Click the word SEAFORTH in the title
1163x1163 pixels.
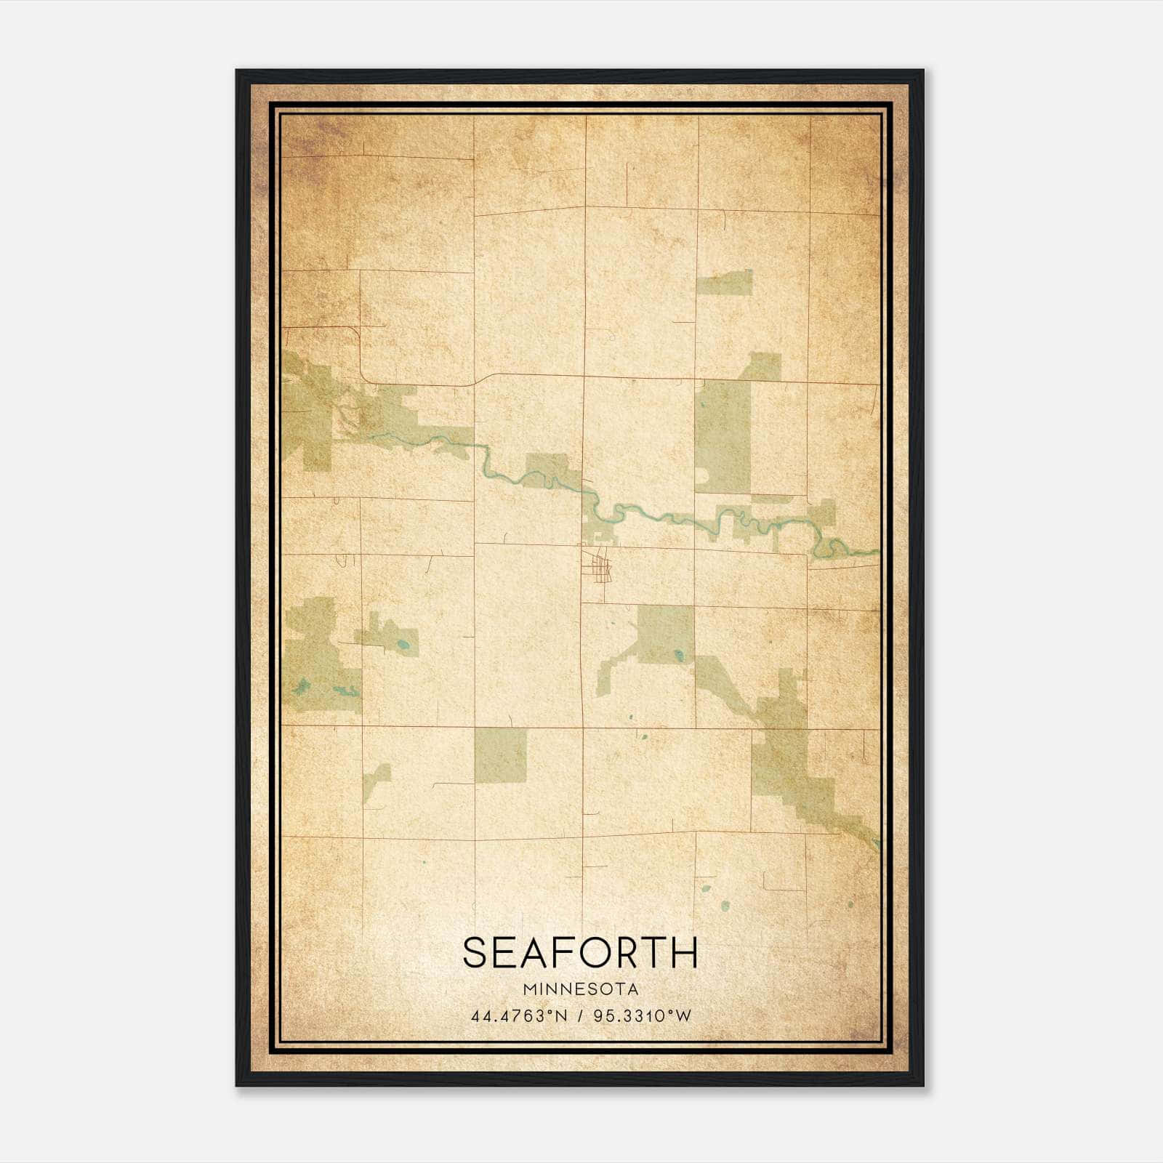click(580, 953)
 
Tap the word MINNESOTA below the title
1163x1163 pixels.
click(580, 989)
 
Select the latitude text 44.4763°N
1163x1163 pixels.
click(518, 1016)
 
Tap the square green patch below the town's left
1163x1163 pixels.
click(500, 754)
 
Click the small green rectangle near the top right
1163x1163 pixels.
click(724, 282)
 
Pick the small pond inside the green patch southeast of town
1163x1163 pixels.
click(679, 655)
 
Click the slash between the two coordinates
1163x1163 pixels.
click(580, 1016)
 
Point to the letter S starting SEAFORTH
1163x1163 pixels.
click(475, 953)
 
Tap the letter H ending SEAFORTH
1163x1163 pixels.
click(684, 953)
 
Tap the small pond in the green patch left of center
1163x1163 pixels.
click(403, 643)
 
